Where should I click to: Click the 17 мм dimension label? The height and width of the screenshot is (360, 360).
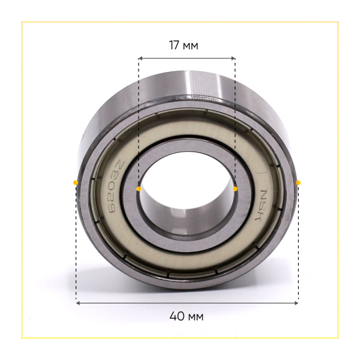tap(184, 45)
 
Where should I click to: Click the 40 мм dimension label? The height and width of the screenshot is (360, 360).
tap(187, 316)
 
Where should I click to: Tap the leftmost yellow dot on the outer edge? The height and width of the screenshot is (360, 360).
tap(76, 183)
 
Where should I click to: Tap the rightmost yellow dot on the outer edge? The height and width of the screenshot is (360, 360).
tap(298, 183)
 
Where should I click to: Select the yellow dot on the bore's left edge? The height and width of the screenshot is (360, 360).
tap(139, 189)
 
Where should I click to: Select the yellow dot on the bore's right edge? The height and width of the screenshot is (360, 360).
tap(235, 189)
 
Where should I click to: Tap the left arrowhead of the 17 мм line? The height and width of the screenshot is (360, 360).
tap(140, 58)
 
